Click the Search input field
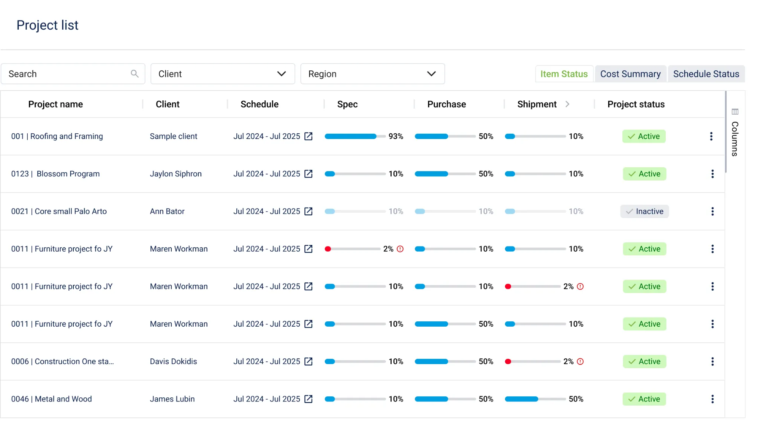coord(67,74)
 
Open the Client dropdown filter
coord(223,74)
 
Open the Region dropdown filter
coord(372,74)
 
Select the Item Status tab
coord(564,74)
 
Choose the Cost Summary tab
coord(630,74)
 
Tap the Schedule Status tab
coord(706,74)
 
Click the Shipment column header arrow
coord(567,104)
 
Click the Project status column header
coord(636,104)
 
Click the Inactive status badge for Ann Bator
coord(644,211)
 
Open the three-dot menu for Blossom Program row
coord(712,174)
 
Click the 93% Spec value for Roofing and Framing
coord(396,136)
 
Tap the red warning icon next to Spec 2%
coord(400,249)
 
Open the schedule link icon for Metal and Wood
coord(309,399)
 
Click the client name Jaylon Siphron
coord(175,174)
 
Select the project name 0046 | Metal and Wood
coord(51,399)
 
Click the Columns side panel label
coord(735,139)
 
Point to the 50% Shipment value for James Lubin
coord(576,399)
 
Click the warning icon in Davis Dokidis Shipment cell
coord(580,361)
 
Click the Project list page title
coord(48,25)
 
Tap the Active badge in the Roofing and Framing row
coord(644,136)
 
